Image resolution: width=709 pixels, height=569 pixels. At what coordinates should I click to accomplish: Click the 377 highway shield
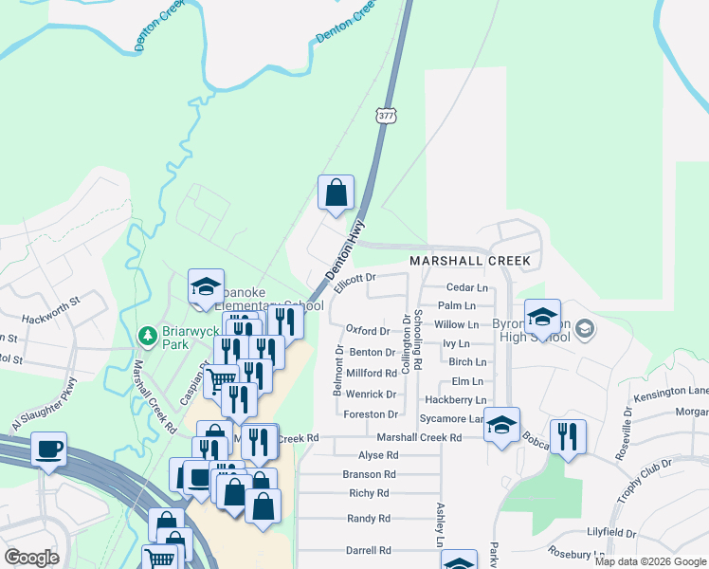point(386,116)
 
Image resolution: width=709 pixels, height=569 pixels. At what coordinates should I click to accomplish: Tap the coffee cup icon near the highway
point(49,450)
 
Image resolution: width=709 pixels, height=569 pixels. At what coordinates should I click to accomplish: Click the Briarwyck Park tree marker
point(147,336)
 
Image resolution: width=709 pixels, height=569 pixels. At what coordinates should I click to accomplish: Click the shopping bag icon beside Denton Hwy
point(336,193)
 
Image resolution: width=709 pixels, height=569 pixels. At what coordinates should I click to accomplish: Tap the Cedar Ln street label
point(467,287)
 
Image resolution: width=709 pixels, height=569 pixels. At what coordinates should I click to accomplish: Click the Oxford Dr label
point(368,331)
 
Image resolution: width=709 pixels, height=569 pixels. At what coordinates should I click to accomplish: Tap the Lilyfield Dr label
point(664,534)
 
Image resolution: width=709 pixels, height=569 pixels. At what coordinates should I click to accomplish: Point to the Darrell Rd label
point(369,550)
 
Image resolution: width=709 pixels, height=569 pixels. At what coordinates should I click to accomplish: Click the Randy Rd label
point(369,519)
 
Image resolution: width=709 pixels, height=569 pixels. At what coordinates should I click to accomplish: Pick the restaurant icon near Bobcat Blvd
point(568,437)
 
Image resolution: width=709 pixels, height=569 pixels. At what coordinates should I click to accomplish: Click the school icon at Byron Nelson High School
point(542,317)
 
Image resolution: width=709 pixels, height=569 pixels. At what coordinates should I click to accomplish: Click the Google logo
point(31,558)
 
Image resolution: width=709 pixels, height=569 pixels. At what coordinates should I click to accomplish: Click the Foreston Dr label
point(372,414)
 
